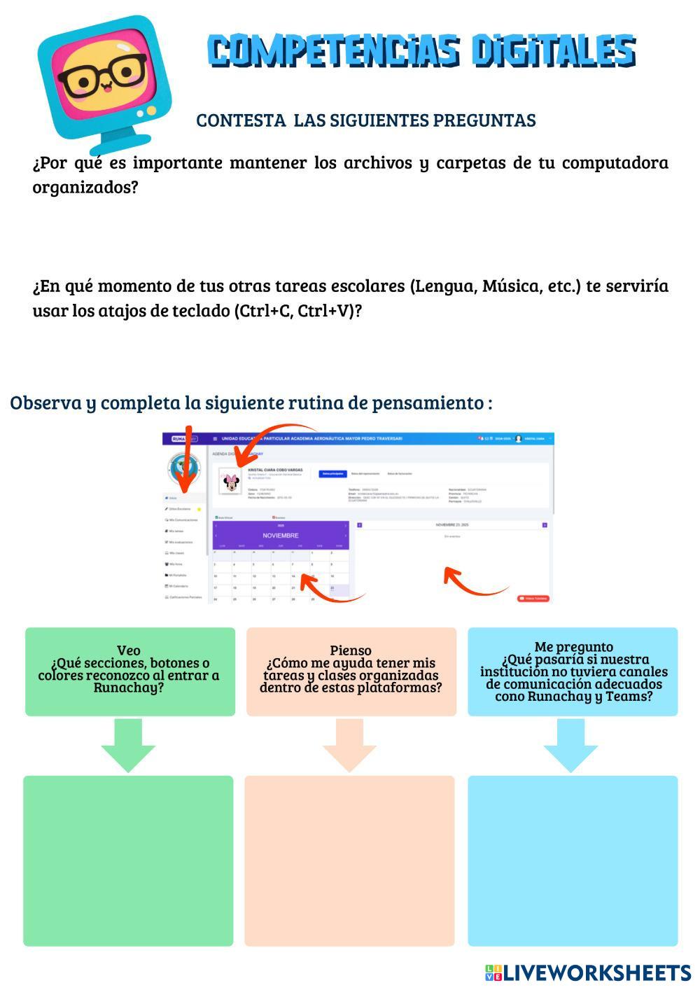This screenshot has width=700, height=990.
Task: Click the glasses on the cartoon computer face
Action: coord(102,75)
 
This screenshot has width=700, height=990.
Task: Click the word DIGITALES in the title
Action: coord(553,52)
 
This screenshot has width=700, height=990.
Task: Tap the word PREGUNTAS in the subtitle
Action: coord(484,120)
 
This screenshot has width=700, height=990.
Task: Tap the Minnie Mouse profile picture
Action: coord(230,482)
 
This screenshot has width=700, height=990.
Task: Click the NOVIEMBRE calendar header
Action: coord(281,536)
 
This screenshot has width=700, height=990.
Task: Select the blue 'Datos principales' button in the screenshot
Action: coord(332,474)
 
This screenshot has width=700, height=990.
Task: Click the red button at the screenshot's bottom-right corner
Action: coord(534,599)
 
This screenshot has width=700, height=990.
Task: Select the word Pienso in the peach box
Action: coord(351,650)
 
